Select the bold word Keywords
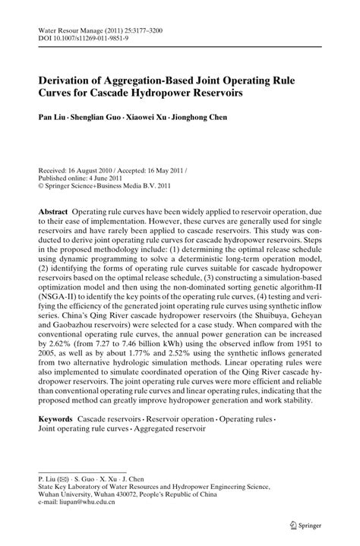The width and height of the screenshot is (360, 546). [x=55, y=419]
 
